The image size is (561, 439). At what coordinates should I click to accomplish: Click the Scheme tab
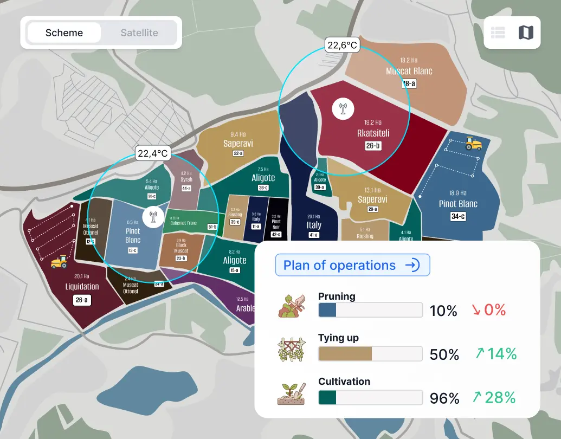point(64,33)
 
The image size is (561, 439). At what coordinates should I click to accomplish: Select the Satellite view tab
point(139,33)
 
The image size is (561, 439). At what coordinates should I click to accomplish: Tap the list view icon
point(498,33)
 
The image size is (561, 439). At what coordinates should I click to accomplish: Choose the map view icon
point(525,33)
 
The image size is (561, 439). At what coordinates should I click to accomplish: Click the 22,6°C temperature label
point(342,45)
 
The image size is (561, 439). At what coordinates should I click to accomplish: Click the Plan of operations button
point(352,265)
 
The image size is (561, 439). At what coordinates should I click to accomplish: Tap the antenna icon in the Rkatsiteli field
point(343,108)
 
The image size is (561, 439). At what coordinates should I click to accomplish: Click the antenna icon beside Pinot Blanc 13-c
point(153,217)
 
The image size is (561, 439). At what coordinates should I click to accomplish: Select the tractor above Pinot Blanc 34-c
point(473,144)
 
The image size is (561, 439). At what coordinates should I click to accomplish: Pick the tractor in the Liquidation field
point(59,262)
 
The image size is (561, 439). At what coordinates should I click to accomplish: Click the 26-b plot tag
point(373,145)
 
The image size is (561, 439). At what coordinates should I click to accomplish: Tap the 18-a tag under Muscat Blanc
point(409,83)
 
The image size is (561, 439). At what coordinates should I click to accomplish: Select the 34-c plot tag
point(458,216)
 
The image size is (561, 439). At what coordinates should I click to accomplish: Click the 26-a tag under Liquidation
point(82,300)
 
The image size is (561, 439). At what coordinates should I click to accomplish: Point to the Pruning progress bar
point(370,310)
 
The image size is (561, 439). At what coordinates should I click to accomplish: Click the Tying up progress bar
point(370,353)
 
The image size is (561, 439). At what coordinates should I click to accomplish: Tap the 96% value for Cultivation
point(444,398)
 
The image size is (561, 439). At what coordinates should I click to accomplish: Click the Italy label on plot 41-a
point(314,225)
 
